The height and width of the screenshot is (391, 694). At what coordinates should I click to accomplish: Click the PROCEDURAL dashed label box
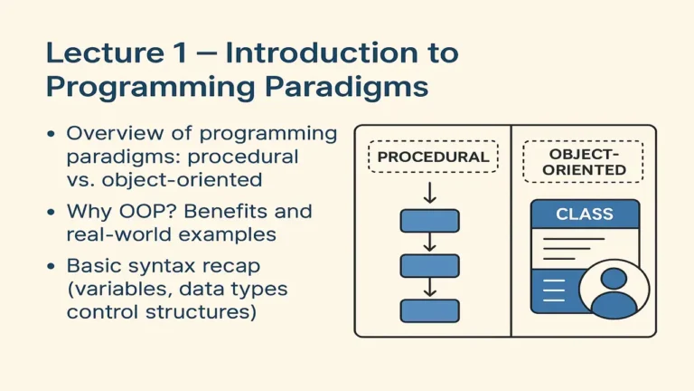433,157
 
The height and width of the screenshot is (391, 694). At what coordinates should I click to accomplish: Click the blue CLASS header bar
585,215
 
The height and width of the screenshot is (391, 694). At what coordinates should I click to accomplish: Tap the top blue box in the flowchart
429,221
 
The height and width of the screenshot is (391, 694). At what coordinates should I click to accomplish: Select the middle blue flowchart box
429,266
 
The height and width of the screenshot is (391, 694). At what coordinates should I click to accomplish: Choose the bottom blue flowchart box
429,310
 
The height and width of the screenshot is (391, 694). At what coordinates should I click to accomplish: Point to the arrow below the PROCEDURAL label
430,191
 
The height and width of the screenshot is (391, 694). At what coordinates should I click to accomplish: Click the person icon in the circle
614,291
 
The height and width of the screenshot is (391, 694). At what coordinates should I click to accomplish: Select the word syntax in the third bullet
153,266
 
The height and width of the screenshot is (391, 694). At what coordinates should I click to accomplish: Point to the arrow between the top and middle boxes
430,243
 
